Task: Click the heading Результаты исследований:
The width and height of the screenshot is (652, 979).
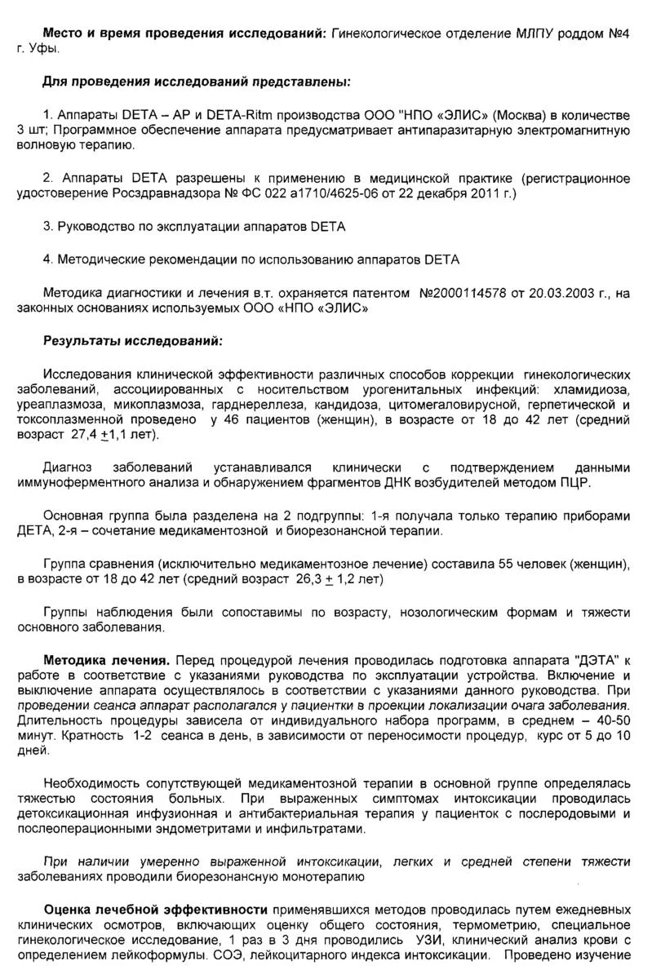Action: point(132,340)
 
